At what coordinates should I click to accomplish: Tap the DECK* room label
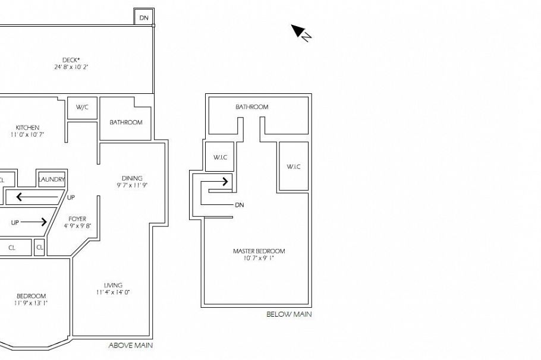[x=71, y=59]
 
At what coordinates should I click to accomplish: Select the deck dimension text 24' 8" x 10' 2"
[x=71, y=67]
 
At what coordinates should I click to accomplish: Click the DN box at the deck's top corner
[x=144, y=18]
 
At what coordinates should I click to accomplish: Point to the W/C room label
[x=82, y=108]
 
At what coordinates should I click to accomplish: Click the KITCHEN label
[x=27, y=128]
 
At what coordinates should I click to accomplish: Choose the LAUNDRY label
[x=51, y=179]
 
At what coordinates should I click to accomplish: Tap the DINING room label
[x=132, y=178]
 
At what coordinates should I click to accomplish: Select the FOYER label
[x=77, y=219]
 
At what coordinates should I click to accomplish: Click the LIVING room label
[x=113, y=285]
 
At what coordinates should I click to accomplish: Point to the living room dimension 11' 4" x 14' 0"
[x=113, y=292]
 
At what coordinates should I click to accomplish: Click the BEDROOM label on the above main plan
[x=31, y=296]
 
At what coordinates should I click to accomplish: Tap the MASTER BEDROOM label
[x=259, y=251]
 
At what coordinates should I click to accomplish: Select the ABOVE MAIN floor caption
[x=130, y=345]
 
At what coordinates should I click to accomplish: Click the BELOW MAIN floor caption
[x=288, y=314]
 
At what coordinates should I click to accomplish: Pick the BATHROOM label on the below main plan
[x=251, y=107]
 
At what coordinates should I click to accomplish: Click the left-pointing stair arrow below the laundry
[x=28, y=197]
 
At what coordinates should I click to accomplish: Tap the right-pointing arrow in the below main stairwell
[x=219, y=181]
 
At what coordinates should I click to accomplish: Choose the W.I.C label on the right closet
[x=294, y=167]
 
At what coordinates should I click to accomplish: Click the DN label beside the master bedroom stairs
[x=240, y=205]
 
